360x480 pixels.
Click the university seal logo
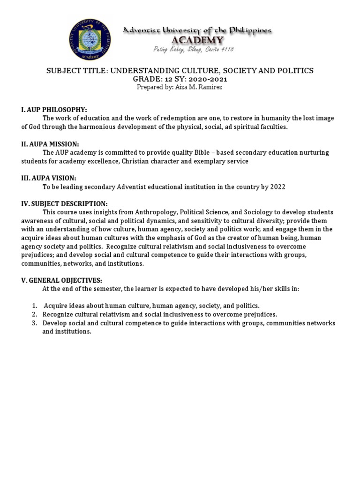click(x=89, y=39)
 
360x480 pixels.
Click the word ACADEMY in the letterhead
click(x=197, y=40)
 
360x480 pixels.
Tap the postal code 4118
click(x=226, y=49)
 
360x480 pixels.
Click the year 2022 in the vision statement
click(x=277, y=187)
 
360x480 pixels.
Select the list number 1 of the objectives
click(x=35, y=306)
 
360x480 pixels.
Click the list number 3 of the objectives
click(x=35, y=323)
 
